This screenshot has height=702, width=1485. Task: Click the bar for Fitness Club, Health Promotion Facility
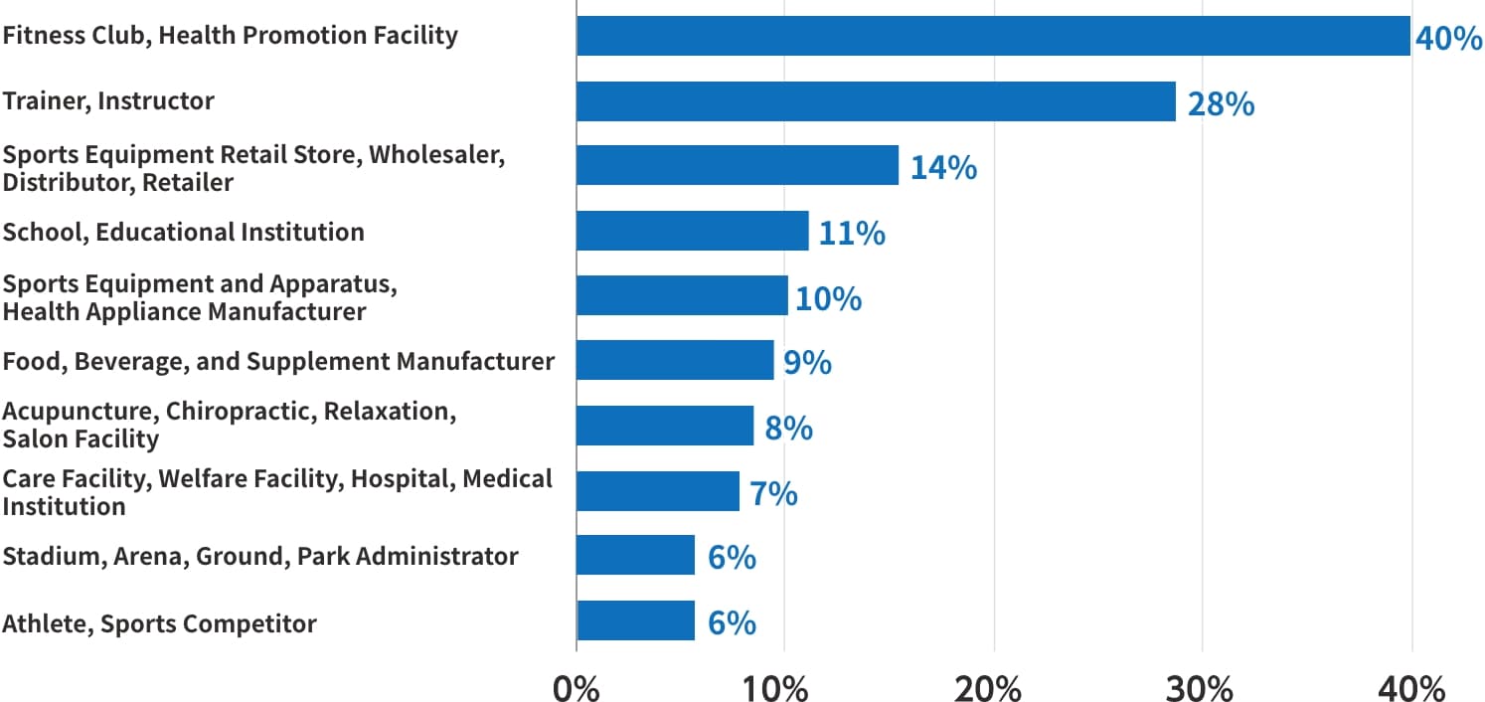(993, 36)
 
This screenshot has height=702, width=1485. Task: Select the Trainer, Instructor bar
(876, 101)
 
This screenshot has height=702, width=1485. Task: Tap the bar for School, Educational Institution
(693, 231)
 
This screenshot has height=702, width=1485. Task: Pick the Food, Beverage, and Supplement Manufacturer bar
(675, 360)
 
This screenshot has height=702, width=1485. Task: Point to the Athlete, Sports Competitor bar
(636, 620)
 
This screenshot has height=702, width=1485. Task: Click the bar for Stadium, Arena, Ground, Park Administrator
(636, 555)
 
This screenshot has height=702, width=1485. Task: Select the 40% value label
(1448, 39)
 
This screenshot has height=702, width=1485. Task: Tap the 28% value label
(1221, 104)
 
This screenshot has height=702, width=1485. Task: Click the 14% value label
(943, 168)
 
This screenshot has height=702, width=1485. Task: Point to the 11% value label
(852, 234)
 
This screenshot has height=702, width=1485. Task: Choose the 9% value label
(807, 363)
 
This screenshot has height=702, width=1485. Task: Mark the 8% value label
(788, 429)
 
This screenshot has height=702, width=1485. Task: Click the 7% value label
(773, 493)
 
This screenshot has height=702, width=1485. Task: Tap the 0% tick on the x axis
(576, 687)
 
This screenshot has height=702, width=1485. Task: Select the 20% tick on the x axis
(993, 687)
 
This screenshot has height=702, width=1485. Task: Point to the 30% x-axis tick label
(1202, 687)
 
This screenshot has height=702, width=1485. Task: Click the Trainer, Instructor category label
(108, 101)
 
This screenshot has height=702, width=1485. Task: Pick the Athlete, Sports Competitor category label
(159, 624)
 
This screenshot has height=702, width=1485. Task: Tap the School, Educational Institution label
(183, 233)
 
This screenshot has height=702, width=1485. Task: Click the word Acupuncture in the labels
(81, 412)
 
